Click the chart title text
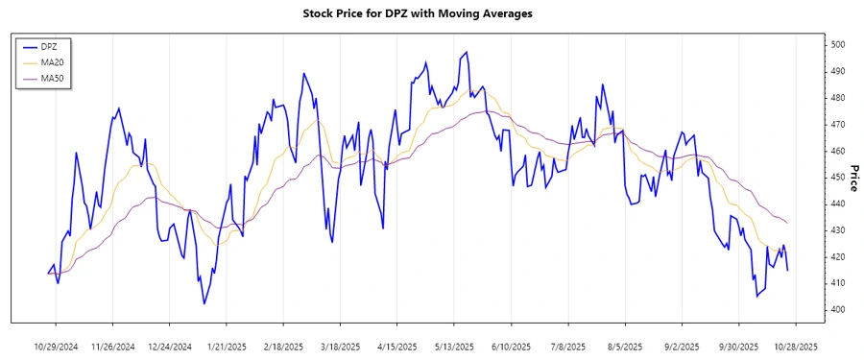(x=431, y=13)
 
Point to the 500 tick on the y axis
(x=838, y=45)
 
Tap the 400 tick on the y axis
(x=838, y=310)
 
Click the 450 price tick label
(x=838, y=178)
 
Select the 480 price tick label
(x=838, y=98)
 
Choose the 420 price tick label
(x=838, y=257)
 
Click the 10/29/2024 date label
(x=57, y=347)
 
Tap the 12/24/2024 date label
(x=170, y=347)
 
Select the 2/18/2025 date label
(x=284, y=347)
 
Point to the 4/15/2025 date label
(x=397, y=347)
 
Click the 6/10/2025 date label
(x=511, y=347)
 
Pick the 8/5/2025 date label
(x=625, y=347)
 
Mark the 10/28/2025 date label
(x=795, y=347)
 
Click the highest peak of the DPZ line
(x=467, y=53)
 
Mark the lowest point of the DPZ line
(x=204, y=303)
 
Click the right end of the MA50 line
(x=788, y=224)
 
